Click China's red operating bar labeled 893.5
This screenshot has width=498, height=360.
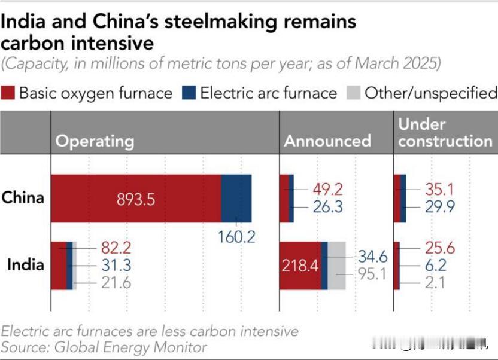click(x=136, y=199)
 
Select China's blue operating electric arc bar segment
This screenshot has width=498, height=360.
click(x=236, y=199)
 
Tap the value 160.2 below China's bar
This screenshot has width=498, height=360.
click(x=236, y=237)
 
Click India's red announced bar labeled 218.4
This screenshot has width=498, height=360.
click(x=300, y=266)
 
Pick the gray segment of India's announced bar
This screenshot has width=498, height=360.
click(x=337, y=266)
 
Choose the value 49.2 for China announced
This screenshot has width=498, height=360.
click(x=328, y=190)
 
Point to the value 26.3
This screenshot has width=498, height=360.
click(x=328, y=207)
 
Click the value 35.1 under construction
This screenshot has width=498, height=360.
click(x=440, y=190)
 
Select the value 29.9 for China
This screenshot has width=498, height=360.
click(x=440, y=207)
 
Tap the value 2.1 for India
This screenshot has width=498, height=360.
click(x=435, y=283)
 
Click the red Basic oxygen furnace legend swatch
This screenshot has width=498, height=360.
click(x=8, y=93)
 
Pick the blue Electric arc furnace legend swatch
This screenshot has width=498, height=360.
click(x=189, y=93)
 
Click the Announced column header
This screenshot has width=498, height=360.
click(x=327, y=141)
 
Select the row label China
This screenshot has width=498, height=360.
click(x=23, y=197)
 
